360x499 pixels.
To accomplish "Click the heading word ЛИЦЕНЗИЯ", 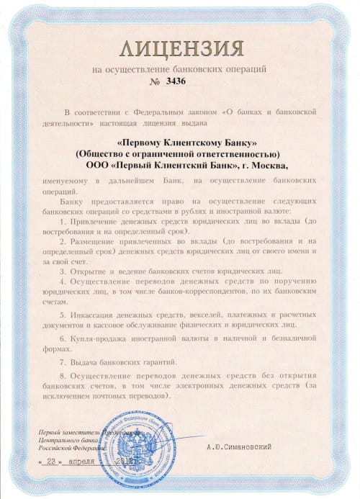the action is pyautogui.click(x=179, y=50).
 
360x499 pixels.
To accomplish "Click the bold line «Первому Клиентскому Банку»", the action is pyautogui.click(x=180, y=144).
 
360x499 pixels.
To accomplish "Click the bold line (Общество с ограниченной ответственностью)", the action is pyautogui.click(x=180, y=154).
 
